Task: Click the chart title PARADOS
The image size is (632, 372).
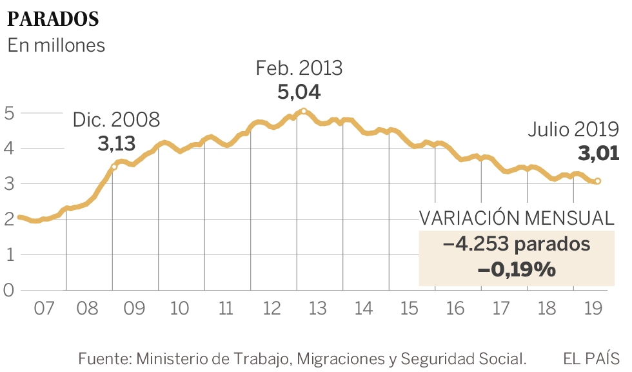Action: pos(53,19)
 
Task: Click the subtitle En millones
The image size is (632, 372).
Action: pos(56,46)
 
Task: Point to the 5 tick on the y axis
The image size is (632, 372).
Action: pos(8,113)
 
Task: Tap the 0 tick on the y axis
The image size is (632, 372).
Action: pos(8,290)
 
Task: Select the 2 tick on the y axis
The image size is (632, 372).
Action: pos(8,220)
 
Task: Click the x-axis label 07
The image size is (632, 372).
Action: pos(43,309)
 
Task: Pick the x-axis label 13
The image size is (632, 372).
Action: pos(318,309)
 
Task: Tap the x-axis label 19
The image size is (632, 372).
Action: pos(593,309)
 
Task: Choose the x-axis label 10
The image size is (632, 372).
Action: pos(180,309)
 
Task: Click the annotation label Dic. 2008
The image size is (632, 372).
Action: pos(116,120)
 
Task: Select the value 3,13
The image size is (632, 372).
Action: pos(117,143)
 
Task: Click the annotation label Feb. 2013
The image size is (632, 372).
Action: pos(299,68)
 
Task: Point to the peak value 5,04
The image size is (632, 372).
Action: pos(299,92)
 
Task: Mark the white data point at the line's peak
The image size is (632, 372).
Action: pos(304,111)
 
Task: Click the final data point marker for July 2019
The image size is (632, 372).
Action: pos(598,181)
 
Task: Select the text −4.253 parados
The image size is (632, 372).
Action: pos(517,245)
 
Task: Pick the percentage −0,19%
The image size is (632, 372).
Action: pos(517,269)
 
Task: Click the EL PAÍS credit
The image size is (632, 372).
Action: pos(591,357)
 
